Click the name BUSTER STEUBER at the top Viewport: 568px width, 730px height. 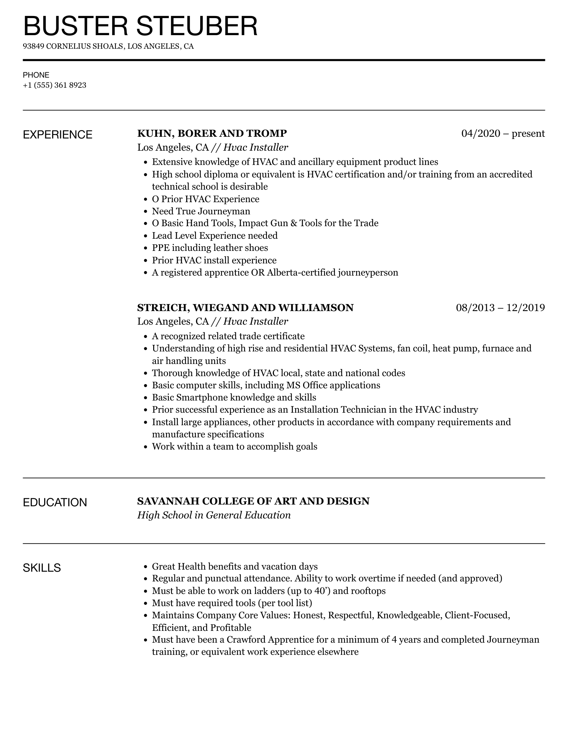click(140, 26)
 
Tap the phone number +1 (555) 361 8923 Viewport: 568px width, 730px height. click(55, 85)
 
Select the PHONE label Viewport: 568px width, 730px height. click(36, 75)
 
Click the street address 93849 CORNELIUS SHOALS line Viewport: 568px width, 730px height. click(108, 46)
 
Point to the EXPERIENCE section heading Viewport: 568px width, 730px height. click(58, 135)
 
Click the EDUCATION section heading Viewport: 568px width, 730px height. click(55, 502)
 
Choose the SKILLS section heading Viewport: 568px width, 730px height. click(42, 568)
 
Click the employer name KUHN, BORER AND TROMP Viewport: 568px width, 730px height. click(212, 133)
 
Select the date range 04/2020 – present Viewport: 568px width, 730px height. click(503, 133)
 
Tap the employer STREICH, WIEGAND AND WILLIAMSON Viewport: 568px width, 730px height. click(245, 308)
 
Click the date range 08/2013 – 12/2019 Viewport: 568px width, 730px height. click(500, 308)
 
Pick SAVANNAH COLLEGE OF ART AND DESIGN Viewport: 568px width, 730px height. click(253, 501)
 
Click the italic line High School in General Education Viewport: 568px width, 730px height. click(214, 515)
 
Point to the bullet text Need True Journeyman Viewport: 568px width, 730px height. click(201, 211)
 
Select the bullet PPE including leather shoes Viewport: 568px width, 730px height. click(210, 248)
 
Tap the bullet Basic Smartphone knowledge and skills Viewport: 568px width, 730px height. click(234, 397)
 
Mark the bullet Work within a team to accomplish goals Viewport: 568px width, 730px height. click(235, 446)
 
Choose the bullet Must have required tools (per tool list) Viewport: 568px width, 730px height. click(232, 603)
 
